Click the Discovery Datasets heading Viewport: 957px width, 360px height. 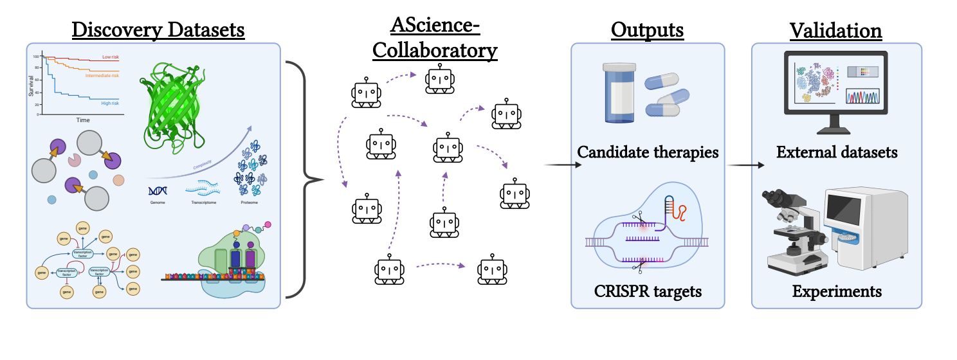(158, 30)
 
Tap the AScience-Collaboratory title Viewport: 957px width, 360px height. (444, 39)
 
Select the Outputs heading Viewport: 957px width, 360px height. (647, 30)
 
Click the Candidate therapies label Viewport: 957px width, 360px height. (648, 153)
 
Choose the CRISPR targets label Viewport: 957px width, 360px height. (648, 292)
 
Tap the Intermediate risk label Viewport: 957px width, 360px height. (102, 75)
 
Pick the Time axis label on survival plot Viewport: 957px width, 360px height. (83, 120)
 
